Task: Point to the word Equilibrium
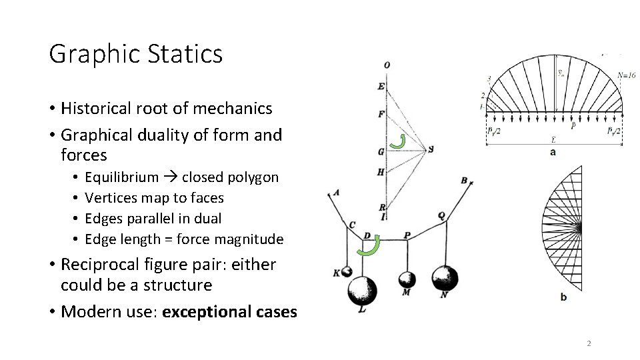click(122, 177)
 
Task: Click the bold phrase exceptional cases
click(229, 311)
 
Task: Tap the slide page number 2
click(589, 343)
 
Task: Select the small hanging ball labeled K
click(346, 271)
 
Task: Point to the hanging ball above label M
click(406, 279)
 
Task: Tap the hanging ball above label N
click(445, 277)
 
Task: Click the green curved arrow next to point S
click(399, 141)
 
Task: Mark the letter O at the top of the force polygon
click(387, 65)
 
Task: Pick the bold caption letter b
click(563, 297)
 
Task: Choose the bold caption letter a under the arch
click(553, 152)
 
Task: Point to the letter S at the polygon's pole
click(431, 149)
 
